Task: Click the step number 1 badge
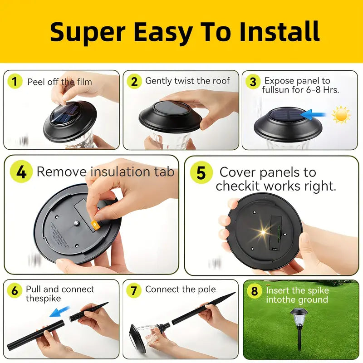pyautogui.click(x=15, y=81)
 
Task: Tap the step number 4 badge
pyautogui.click(x=21, y=172)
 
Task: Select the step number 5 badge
pyautogui.click(x=201, y=173)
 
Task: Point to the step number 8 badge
pyautogui.click(x=254, y=291)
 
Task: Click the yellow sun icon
pyautogui.click(x=341, y=115)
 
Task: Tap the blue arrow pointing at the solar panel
pyautogui.click(x=313, y=115)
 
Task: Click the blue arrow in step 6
pyautogui.click(x=60, y=311)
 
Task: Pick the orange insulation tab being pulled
pyautogui.click(x=95, y=225)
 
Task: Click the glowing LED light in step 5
pyautogui.click(x=263, y=231)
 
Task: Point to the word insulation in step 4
pyautogui.click(x=120, y=172)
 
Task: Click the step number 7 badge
pyautogui.click(x=134, y=290)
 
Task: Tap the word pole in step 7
pyautogui.click(x=207, y=289)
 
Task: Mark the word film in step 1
pyautogui.click(x=84, y=82)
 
